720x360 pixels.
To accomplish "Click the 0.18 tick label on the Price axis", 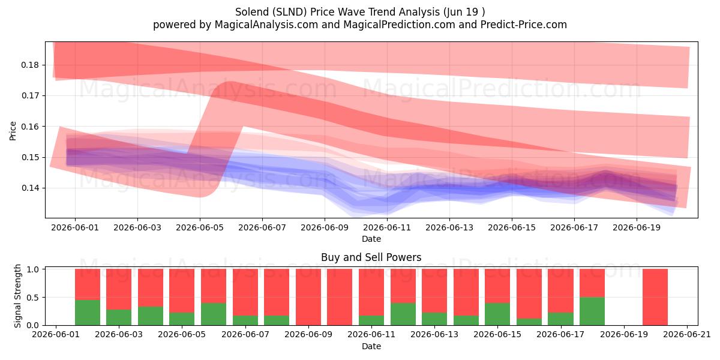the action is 30,65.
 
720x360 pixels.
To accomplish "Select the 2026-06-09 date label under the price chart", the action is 325,227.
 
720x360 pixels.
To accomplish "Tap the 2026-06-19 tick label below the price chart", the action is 637,227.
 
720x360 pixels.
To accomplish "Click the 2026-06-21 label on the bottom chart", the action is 687,335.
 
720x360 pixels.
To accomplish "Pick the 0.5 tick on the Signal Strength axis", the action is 34,298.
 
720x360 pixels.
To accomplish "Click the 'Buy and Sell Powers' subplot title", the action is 371,257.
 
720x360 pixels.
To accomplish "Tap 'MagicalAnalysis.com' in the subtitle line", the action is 266,25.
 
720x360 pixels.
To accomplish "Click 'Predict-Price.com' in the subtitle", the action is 524,25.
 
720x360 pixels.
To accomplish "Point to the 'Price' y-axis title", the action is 13,131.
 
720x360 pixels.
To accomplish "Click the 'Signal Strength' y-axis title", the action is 17,296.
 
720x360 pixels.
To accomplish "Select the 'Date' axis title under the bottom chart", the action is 371,346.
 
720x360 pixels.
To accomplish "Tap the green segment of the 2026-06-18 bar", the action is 592,311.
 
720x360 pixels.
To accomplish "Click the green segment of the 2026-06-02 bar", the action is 88,313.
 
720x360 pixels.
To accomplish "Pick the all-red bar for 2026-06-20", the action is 655,297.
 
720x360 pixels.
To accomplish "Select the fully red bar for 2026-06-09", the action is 308,297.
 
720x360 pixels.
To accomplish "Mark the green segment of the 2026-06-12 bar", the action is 403,314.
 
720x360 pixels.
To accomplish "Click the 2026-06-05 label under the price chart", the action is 200,227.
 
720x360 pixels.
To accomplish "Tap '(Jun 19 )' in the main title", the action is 464,12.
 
